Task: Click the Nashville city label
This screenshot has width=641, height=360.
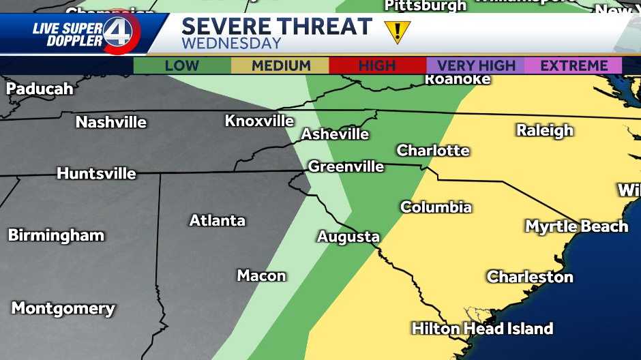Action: point(111,123)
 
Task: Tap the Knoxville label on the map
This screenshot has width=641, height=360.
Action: point(260,121)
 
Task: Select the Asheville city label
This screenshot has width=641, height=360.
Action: point(335,134)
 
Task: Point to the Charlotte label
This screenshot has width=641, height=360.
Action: point(433,151)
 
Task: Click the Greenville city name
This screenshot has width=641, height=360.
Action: point(346,166)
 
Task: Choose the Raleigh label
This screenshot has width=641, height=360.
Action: point(544,130)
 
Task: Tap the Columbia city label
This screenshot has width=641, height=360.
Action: point(436,207)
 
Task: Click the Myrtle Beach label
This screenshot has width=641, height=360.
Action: point(576,226)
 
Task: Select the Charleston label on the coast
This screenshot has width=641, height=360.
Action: point(530,277)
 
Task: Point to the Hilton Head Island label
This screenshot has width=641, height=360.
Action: point(482,329)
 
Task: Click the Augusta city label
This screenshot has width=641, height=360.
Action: point(348,237)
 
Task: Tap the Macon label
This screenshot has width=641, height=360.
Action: point(261,275)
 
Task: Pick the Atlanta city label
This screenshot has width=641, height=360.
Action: point(217,221)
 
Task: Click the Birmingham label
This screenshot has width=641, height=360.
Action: point(56,236)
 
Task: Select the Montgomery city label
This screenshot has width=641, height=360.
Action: point(63,308)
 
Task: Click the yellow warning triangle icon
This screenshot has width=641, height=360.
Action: point(397,31)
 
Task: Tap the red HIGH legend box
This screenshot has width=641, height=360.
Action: point(377,66)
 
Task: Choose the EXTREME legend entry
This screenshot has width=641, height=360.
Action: point(573,66)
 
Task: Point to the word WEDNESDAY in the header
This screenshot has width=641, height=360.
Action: point(231,44)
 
